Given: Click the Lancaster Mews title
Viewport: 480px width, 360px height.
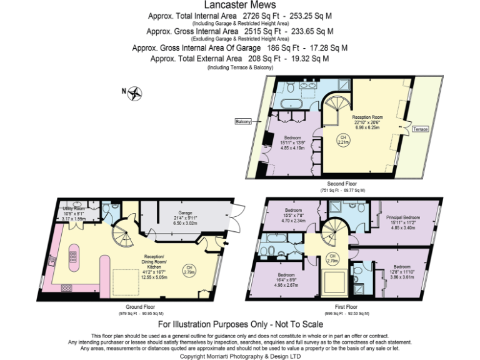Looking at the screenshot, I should (x=239, y=6).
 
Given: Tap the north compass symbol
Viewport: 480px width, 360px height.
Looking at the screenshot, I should (x=134, y=94).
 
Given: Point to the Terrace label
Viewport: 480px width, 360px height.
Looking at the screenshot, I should (x=420, y=129).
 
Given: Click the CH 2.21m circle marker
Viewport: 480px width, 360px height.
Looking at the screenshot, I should (x=342, y=139).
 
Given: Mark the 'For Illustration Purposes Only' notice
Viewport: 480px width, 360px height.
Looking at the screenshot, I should (x=240, y=324).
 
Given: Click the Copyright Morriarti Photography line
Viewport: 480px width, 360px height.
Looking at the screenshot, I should (x=240, y=356).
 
